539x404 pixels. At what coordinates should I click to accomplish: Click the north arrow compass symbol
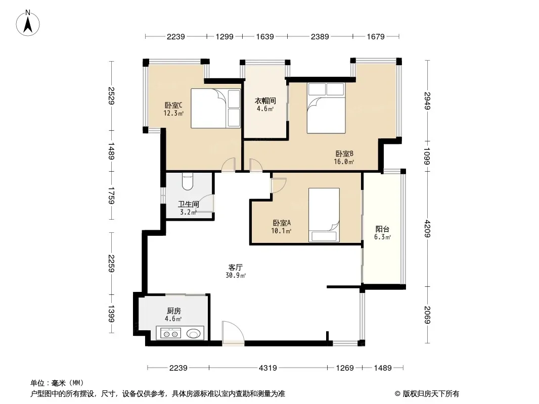click(x=28, y=23)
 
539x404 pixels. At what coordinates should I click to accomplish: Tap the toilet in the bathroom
click(x=188, y=182)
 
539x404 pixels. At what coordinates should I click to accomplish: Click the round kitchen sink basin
click(x=194, y=333)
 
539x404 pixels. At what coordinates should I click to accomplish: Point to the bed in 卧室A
click(x=324, y=215)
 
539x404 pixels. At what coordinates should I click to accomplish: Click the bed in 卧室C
click(x=215, y=109)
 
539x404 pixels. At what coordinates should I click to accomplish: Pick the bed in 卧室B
click(x=326, y=108)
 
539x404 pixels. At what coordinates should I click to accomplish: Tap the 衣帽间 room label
click(x=265, y=100)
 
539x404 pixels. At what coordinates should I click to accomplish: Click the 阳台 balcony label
click(x=382, y=229)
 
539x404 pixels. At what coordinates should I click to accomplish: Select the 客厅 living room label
click(x=236, y=267)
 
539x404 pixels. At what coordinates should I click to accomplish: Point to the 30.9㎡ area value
click(x=236, y=275)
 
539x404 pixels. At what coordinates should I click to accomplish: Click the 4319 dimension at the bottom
click(x=268, y=368)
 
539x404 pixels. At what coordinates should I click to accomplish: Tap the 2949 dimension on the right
click(x=427, y=100)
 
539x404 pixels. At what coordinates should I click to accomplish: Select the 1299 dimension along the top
click(x=224, y=36)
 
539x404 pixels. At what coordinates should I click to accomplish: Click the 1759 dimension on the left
click(x=111, y=195)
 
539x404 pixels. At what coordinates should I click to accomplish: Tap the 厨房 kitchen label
click(x=173, y=311)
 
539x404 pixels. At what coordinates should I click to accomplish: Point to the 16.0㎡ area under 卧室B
click(x=344, y=162)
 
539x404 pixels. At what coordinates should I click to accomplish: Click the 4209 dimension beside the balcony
click(x=427, y=229)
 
